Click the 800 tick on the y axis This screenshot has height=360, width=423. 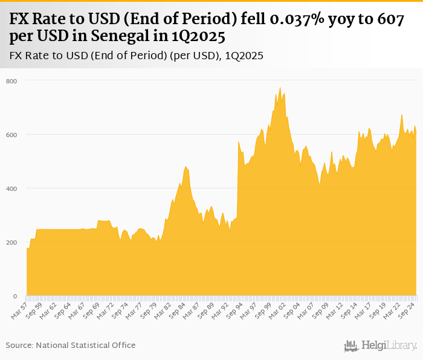coord(12,81)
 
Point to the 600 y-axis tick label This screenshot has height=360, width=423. coord(12,135)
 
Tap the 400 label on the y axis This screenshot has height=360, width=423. coord(12,188)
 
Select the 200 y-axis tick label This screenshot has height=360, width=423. coord(12,243)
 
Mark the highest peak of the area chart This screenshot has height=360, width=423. coord(280,88)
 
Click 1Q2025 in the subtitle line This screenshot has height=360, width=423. coord(244,56)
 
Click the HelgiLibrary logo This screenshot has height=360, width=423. coord(381,346)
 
